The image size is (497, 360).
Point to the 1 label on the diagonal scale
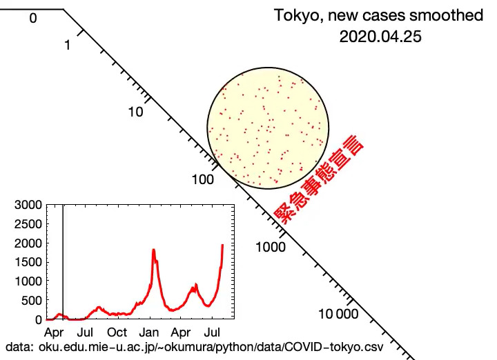click(68, 46)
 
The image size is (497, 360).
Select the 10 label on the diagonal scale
click(135, 112)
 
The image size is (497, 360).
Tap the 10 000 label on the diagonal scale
click(338, 314)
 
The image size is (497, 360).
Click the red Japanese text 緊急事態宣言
click(320, 181)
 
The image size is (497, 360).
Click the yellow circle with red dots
click(268, 128)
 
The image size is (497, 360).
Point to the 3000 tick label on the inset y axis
click(28, 205)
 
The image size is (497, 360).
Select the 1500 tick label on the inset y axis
click(28, 262)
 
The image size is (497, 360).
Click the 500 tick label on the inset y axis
click(32, 301)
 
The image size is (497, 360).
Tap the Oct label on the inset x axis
click(118, 332)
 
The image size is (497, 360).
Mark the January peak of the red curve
click(153, 250)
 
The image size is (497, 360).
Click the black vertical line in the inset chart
click(63, 262)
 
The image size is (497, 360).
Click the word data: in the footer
click(19, 346)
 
